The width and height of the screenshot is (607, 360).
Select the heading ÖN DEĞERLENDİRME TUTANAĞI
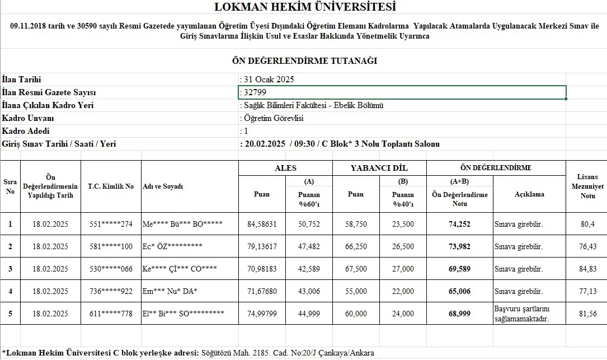click(304, 60)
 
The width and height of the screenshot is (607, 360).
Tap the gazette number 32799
click(252, 92)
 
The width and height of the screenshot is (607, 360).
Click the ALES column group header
click(285, 168)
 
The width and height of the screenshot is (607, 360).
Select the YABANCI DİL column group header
click(379, 168)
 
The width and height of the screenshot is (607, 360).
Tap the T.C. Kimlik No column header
click(111, 186)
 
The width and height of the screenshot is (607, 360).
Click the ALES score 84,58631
click(262, 224)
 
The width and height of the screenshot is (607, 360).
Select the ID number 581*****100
click(111, 246)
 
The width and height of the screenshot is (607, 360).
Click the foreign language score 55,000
click(356, 291)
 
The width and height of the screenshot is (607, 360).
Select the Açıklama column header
click(529, 194)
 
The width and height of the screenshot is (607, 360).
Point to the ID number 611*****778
click(111, 314)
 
